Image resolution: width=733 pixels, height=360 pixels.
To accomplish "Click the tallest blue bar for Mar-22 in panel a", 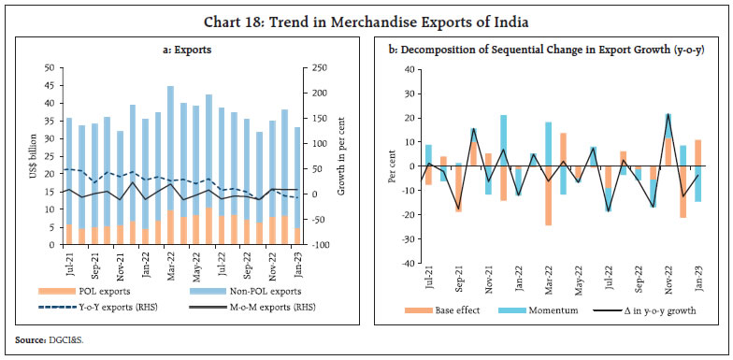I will (x=170, y=150).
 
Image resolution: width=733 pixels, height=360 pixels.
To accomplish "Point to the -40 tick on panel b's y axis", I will (x=410, y=264).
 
